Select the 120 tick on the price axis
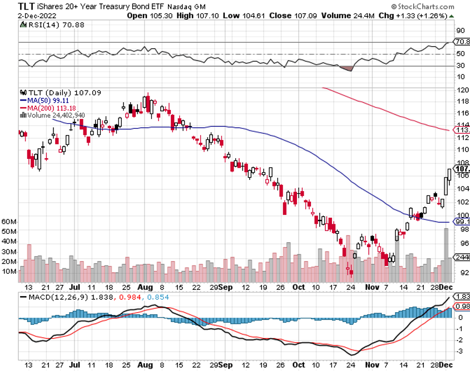(461, 89)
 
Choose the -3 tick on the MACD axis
(459, 351)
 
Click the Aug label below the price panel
(145, 288)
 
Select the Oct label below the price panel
(299, 288)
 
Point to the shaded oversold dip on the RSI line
(346, 68)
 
